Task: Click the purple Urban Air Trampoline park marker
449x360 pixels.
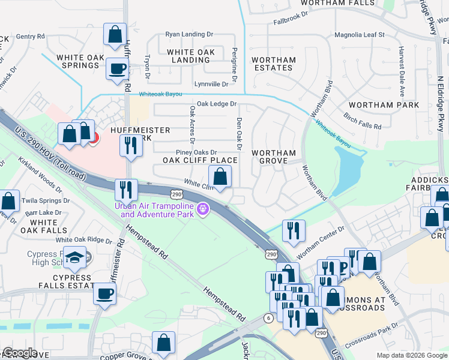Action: [x=204, y=209]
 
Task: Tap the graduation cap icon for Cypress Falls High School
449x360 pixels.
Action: [x=75, y=257]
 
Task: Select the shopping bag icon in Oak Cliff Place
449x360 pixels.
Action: [x=220, y=176]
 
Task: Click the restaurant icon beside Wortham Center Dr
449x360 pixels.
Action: [x=294, y=231]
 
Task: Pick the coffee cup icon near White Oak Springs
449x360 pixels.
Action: [x=117, y=68]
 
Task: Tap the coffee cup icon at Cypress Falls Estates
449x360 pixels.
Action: [x=105, y=293]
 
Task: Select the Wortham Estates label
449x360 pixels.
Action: [x=273, y=64]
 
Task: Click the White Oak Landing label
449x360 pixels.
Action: [x=190, y=56]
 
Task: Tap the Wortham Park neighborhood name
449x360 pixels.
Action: [x=391, y=105]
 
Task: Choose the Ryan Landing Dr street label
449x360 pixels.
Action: [x=189, y=35]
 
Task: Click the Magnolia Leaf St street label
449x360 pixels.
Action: [x=359, y=35]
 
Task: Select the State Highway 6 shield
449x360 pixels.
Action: [x=267, y=317]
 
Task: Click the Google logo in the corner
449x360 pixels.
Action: [x=19, y=353]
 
